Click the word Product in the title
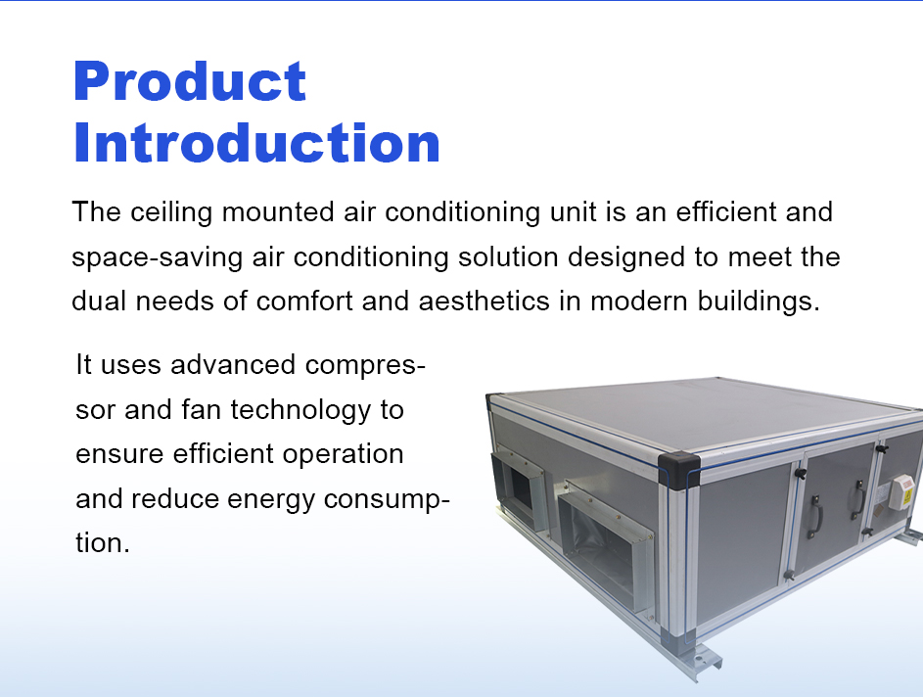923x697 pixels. pyautogui.click(x=190, y=81)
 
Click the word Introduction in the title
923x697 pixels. pyautogui.click(x=256, y=143)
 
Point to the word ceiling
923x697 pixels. pyautogui.click(x=170, y=212)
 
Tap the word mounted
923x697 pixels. pyautogui.click(x=278, y=211)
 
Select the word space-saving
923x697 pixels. pyautogui.click(x=158, y=258)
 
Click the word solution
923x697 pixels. pyautogui.click(x=508, y=256)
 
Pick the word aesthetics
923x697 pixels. pyautogui.click(x=484, y=302)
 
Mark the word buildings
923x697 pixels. pyautogui.click(x=759, y=302)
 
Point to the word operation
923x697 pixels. pyautogui.click(x=344, y=455)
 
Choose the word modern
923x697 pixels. pyautogui.click(x=639, y=302)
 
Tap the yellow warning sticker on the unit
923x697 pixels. pyautogui.click(x=907, y=495)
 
